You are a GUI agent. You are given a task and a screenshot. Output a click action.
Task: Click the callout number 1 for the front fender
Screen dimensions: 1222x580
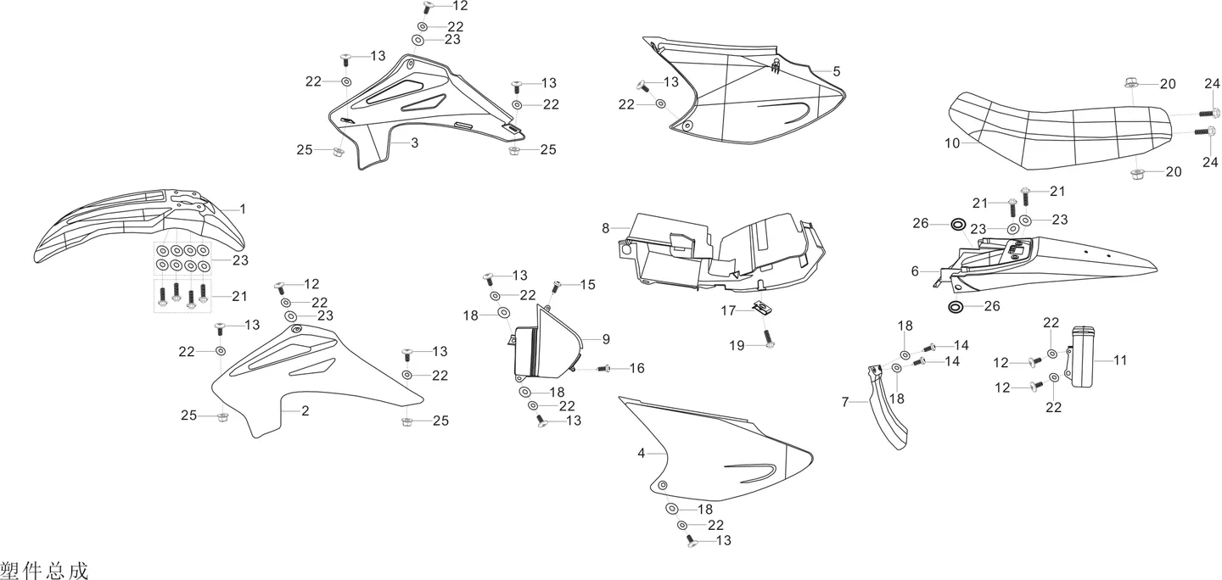click(x=243, y=209)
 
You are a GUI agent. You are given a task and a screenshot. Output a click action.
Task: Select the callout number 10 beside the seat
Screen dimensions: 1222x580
click(x=952, y=143)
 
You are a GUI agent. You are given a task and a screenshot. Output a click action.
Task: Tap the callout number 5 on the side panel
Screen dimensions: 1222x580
click(x=837, y=71)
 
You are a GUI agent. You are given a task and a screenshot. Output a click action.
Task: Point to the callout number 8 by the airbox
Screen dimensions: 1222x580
click(x=605, y=228)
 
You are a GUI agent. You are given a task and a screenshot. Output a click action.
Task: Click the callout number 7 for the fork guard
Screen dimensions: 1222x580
click(x=845, y=402)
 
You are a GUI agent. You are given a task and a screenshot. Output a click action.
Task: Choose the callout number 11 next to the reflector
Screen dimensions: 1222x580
click(x=1120, y=360)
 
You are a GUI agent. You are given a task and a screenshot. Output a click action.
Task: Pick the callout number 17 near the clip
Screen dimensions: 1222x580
click(x=728, y=310)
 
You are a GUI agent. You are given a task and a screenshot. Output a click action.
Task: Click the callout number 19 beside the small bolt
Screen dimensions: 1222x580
click(x=737, y=346)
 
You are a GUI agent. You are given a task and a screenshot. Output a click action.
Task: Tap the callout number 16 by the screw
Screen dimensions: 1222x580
click(x=637, y=369)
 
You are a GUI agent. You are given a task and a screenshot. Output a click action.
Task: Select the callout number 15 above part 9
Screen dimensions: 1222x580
click(x=587, y=285)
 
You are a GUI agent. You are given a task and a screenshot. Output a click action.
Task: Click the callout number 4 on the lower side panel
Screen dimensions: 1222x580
click(x=641, y=454)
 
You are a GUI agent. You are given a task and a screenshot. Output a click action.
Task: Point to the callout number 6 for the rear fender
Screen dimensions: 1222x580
click(x=915, y=271)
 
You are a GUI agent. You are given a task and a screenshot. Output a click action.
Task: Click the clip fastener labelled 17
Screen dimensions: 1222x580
click(x=759, y=309)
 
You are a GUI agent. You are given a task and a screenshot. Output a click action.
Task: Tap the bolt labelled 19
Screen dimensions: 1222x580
click(x=769, y=338)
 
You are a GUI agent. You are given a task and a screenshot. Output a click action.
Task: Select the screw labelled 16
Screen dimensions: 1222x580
click(x=603, y=369)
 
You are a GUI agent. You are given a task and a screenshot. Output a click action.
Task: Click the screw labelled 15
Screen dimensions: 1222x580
click(x=556, y=287)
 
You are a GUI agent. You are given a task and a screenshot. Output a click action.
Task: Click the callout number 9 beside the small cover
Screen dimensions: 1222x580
click(x=606, y=339)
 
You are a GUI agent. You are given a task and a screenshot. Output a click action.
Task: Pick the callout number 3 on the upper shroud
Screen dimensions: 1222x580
click(x=415, y=142)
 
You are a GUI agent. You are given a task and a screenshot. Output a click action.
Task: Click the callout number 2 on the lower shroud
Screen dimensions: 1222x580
click(x=305, y=411)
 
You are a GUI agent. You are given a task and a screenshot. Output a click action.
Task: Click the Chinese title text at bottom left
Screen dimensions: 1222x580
click(x=44, y=571)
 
